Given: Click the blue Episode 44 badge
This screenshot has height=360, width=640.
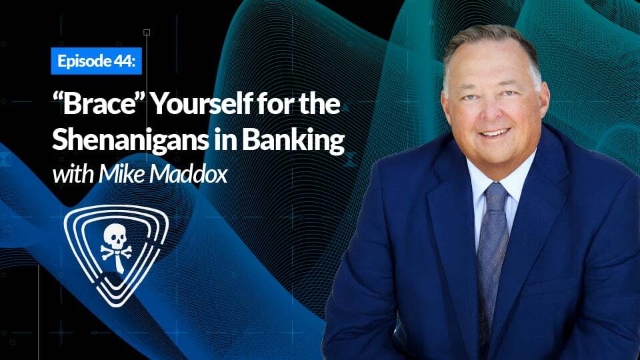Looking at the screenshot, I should pos(95,62).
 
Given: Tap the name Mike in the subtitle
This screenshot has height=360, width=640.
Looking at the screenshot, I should pos(118,175).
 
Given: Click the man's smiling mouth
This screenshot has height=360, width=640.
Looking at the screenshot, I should pos(495,133).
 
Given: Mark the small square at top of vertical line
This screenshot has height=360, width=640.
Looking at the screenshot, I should pos(147,32).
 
